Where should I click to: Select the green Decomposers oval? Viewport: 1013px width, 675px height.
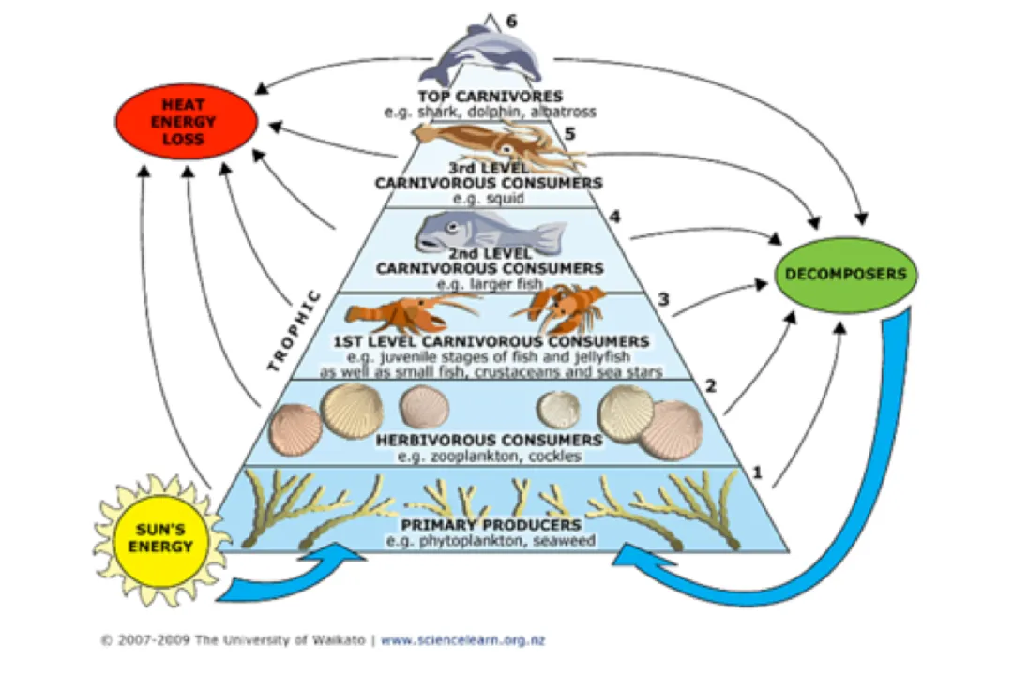pos(845,274)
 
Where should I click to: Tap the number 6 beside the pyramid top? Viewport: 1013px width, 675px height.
pos(511,21)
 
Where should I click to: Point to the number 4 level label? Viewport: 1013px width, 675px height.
pos(614,217)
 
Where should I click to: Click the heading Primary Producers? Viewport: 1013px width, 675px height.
pos(491,524)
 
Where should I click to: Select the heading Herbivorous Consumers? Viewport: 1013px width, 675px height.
pos(489,440)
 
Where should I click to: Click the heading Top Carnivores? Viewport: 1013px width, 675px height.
pos(490,96)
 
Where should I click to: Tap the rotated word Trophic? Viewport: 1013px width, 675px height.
pos(293,331)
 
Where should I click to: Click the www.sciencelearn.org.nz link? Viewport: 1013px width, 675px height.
pos(462,640)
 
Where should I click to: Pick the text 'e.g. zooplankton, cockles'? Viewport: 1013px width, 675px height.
pos(489,457)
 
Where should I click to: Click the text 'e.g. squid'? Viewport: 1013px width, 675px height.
pos(489,199)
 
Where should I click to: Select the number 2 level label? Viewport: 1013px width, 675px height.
pos(711,386)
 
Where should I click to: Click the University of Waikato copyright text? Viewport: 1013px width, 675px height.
pos(234,640)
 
